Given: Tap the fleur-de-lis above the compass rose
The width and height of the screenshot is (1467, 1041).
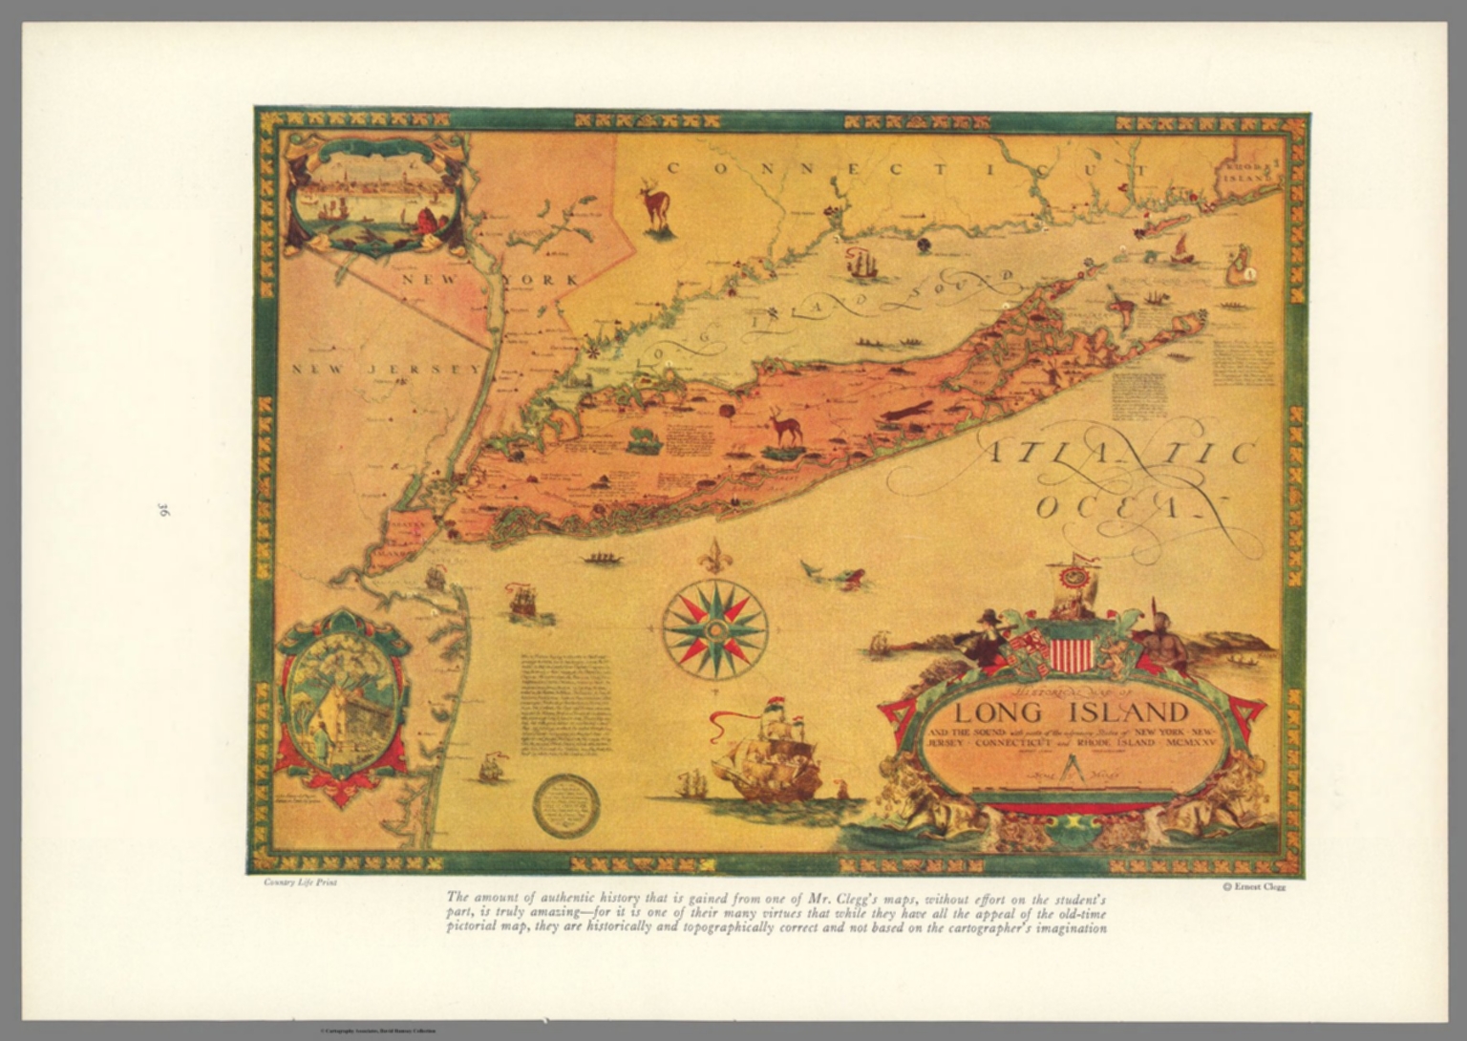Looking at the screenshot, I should coord(713,557).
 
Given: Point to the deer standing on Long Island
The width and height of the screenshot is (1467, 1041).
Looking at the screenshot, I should coord(785,426).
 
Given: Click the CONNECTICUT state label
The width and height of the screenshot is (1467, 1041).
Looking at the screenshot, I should coord(907,170).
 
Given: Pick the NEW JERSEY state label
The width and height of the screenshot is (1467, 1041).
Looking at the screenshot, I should coord(386,370).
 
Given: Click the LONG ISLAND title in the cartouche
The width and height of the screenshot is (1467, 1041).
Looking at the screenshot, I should coord(1072,712).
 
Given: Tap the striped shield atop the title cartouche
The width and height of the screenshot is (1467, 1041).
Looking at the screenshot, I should coord(1069,652).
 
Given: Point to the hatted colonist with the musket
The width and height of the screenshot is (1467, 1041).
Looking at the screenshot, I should coord(984,636).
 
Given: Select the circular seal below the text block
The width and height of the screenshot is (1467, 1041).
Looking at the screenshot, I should coord(565,805).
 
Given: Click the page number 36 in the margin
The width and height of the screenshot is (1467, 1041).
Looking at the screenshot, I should coord(162,510).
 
